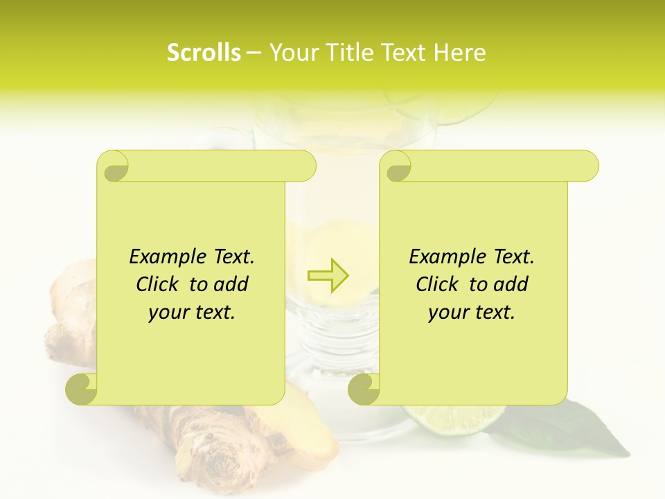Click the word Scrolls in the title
pos(204,53)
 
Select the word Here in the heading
pos(460,53)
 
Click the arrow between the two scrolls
pos(328,276)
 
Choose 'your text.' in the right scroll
pos(472,313)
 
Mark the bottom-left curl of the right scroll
pos(364,389)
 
